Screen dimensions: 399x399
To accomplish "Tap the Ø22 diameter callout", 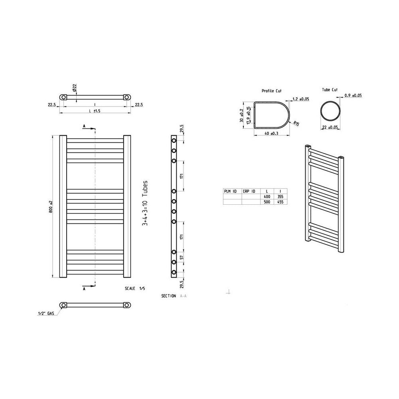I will (x=75, y=89).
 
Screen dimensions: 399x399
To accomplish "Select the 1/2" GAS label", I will (x=45, y=314).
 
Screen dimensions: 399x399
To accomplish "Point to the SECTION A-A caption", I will (x=174, y=296).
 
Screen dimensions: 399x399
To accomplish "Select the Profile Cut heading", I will (x=271, y=91).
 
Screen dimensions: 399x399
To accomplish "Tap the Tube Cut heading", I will (x=329, y=90).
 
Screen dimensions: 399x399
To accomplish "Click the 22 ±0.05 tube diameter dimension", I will (x=330, y=127).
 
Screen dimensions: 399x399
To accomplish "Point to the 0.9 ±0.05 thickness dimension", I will (x=353, y=95).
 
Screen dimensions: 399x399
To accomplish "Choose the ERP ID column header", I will (x=251, y=192).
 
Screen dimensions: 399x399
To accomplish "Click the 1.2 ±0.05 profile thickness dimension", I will (x=301, y=99).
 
